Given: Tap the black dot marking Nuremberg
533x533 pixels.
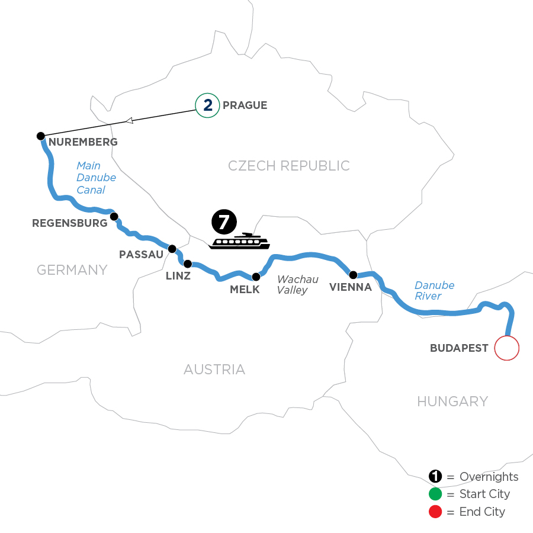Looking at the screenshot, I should pyautogui.click(x=41, y=136).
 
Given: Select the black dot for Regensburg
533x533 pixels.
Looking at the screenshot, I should pyautogui.click(x=114, y=217).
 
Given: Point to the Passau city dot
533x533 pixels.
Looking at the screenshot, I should pyautogui.click(x=172, y=249).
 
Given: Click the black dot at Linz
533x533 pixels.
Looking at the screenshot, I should pyautogui.click(x=188, y=264).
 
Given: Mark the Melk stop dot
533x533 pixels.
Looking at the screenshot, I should pyautogui.click(x=256, y=277).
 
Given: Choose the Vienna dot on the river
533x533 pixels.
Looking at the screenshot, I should pyautogui.click(x=353, y=275).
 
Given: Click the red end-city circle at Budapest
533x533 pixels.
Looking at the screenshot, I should pyautogui.click(x=506, y=348).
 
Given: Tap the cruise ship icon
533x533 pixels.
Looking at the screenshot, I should pyautogui.click(x=239, y=242).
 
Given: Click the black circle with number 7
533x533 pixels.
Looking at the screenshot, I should pyautogui.click(x=223, y=221).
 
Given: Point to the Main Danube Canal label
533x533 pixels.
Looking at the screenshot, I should pyautogui.click(x=96, y=178).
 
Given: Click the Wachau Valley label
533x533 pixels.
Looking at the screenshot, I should pyautogui.click(x=297, y=284).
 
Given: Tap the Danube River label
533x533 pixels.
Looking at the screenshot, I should pyautogui.click(x=434, y=291).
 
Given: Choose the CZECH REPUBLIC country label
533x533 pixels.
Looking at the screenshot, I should pyautogui.click(x=289, y=166).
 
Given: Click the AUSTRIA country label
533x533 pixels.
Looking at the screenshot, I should pyautogui.click(x=214, y=370).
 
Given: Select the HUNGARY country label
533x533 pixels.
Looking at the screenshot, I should pyautogui.click(x=452, y=402).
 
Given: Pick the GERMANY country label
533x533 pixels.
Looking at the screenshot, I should pyautogui.click(x=72, y=270).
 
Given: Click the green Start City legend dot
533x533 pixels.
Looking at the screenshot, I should pyautogui.click(x=435, y=494).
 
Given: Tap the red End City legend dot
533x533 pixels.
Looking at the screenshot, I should pyautogui.click(x=435, y=511).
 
